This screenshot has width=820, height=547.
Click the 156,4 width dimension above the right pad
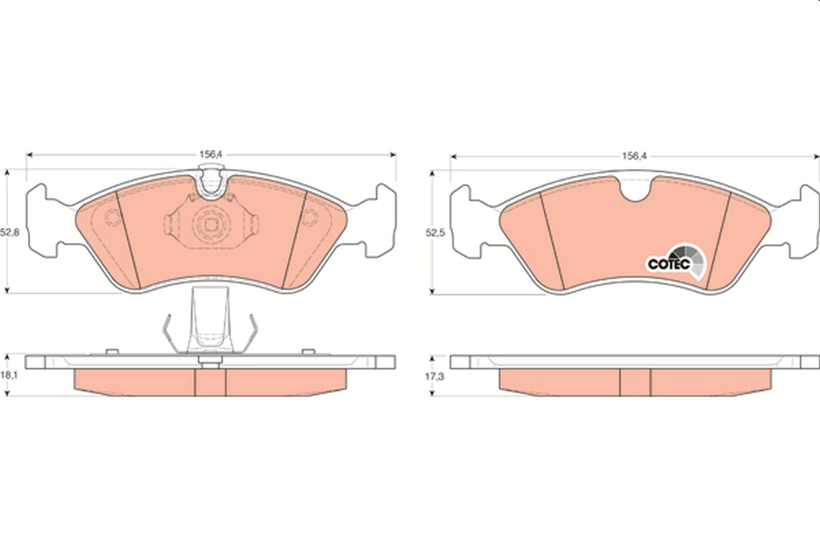tap(633, 156)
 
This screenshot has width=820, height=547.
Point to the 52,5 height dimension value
tap(435, 233)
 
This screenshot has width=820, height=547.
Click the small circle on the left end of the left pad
tap(112, 217)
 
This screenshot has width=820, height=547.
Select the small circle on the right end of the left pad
tap(310, 217)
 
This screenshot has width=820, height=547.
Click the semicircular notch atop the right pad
tap(636, 189)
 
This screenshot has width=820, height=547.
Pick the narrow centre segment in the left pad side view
tap(210, 382)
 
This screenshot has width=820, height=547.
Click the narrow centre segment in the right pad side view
tap(635, 382)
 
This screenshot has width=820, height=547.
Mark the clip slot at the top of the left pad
tap(211, 183)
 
